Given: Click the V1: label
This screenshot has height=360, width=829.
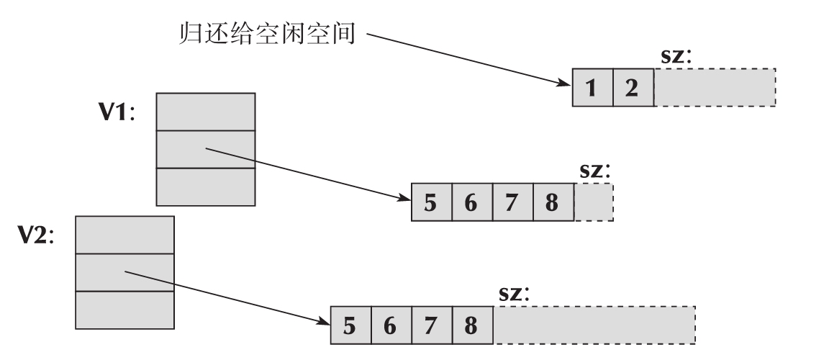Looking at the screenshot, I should pos(118,114).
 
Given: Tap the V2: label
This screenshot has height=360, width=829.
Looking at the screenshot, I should pos(37,238).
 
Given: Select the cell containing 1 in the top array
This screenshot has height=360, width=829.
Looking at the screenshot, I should pos(592,88).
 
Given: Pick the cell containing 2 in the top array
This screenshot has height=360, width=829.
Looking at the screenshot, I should pos(633,88).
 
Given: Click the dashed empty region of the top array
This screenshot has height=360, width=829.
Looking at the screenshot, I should pos(714,88).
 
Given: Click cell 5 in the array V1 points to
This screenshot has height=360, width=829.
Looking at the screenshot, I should pos(430,202).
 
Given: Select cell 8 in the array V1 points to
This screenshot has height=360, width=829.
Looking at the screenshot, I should pos(553,202).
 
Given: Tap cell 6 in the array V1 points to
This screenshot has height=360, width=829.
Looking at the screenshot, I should pos(471,202).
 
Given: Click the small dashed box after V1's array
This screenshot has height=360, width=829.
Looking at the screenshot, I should pos(594,202).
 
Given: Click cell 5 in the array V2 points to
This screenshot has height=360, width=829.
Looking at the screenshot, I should pos(350,325).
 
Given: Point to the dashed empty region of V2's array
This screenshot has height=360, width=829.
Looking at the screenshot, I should pos(594,325).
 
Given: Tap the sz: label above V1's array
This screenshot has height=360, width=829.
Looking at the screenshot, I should pos(594,171).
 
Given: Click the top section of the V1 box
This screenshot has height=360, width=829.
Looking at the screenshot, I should pos(205,112).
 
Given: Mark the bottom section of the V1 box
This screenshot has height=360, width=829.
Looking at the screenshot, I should pos(205,186).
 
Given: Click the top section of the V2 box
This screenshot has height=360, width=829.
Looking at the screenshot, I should pos(124,235).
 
